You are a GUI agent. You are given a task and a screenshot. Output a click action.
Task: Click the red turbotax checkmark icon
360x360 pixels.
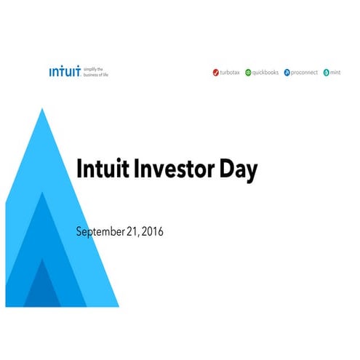pos(215,73)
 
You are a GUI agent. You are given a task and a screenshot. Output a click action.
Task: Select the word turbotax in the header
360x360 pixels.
pos(230,73)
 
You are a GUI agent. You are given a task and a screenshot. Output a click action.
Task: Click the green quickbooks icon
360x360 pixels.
pos(248,73)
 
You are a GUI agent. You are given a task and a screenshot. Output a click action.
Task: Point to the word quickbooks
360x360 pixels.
pos(266,73)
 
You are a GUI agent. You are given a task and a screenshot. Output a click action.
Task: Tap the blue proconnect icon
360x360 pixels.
pos(287,73)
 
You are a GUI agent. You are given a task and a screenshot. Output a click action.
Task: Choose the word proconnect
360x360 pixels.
pos(305,73)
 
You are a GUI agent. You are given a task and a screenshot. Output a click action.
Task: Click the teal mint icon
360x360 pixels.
pos(327,73)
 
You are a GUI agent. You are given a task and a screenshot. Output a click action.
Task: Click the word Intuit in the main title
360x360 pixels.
pos(100,169)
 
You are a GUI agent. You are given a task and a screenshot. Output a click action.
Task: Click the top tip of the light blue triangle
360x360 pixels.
pos(43,108)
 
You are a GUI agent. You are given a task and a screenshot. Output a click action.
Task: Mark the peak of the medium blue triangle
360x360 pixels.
pos(44,193)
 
